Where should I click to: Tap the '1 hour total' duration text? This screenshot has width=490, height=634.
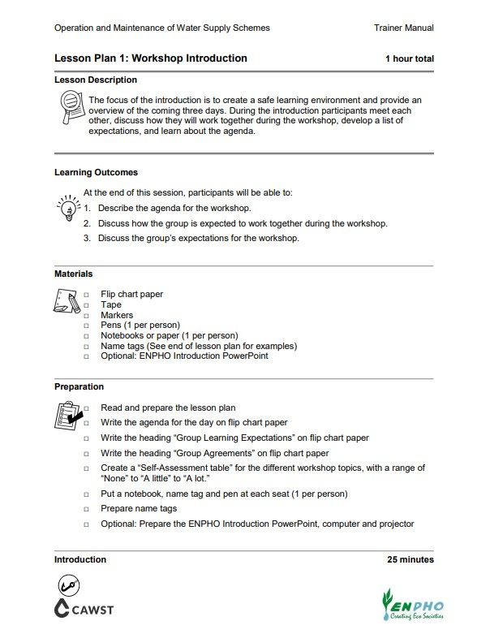409,59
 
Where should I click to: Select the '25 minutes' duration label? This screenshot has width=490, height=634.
410,560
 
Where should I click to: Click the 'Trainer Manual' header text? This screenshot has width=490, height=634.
403,28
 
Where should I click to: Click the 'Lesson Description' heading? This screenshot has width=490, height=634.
96,80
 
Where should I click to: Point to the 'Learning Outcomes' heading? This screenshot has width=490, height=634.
96,173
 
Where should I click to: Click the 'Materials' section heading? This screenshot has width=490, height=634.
73,274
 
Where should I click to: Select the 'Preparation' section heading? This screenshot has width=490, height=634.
79,387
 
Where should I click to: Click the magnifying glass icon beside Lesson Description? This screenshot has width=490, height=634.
71,105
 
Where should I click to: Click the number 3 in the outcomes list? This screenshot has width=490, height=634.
87,239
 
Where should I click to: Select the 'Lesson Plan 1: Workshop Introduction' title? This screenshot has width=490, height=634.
151,58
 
